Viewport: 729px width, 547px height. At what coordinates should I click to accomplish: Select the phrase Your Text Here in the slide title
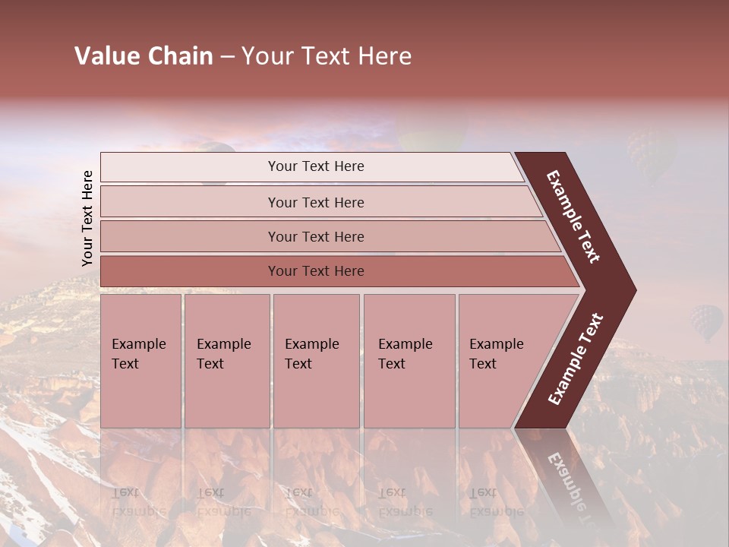327,56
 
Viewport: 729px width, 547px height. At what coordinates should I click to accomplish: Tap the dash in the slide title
227,57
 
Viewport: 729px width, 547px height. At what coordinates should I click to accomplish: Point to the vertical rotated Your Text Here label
87,219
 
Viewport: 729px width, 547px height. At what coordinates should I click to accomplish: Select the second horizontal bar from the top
315,202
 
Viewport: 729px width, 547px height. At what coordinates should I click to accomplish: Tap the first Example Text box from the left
141,361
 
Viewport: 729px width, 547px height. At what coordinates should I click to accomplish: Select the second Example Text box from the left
227,361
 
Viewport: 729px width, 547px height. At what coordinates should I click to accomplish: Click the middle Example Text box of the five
316,361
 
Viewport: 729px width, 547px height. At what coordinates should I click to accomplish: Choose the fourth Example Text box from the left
409,361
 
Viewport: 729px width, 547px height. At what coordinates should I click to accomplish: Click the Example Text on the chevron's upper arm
573,217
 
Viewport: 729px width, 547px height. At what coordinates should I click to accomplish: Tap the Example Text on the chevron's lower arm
576,359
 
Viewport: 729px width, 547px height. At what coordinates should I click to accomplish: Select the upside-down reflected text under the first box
138,501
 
